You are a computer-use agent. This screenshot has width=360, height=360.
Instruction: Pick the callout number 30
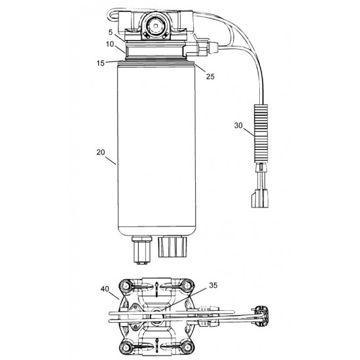(239, 124)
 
